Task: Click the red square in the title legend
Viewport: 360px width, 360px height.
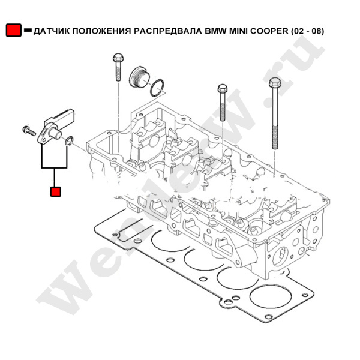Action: click(x=13, y=31)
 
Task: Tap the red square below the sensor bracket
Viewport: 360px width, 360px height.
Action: click(x=55, y=191)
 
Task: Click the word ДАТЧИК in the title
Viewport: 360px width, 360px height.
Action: click(x=53, y=31)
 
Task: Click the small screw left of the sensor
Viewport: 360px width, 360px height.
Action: click(x=28, y=130)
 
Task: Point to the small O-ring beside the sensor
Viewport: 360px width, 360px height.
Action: click(x=70, y=142)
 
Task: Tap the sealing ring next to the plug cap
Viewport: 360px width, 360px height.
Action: click(x=158, y=88)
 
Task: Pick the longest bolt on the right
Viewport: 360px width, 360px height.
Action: click(x=275, y=114)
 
